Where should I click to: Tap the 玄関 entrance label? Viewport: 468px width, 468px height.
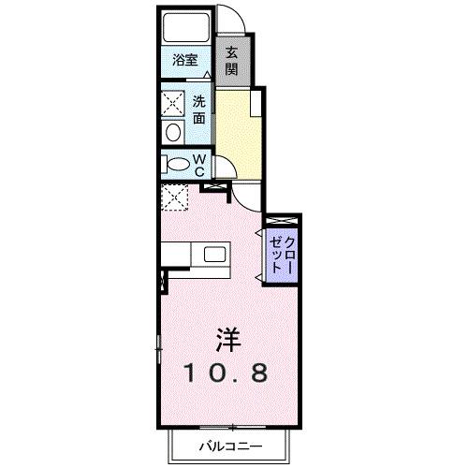[231, 61]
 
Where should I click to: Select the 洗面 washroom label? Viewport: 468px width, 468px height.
[199, 110]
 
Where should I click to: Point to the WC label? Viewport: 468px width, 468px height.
[199, 165]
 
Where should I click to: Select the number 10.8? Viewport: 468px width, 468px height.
[227, 373]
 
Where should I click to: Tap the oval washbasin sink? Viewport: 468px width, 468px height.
[171, 132]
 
